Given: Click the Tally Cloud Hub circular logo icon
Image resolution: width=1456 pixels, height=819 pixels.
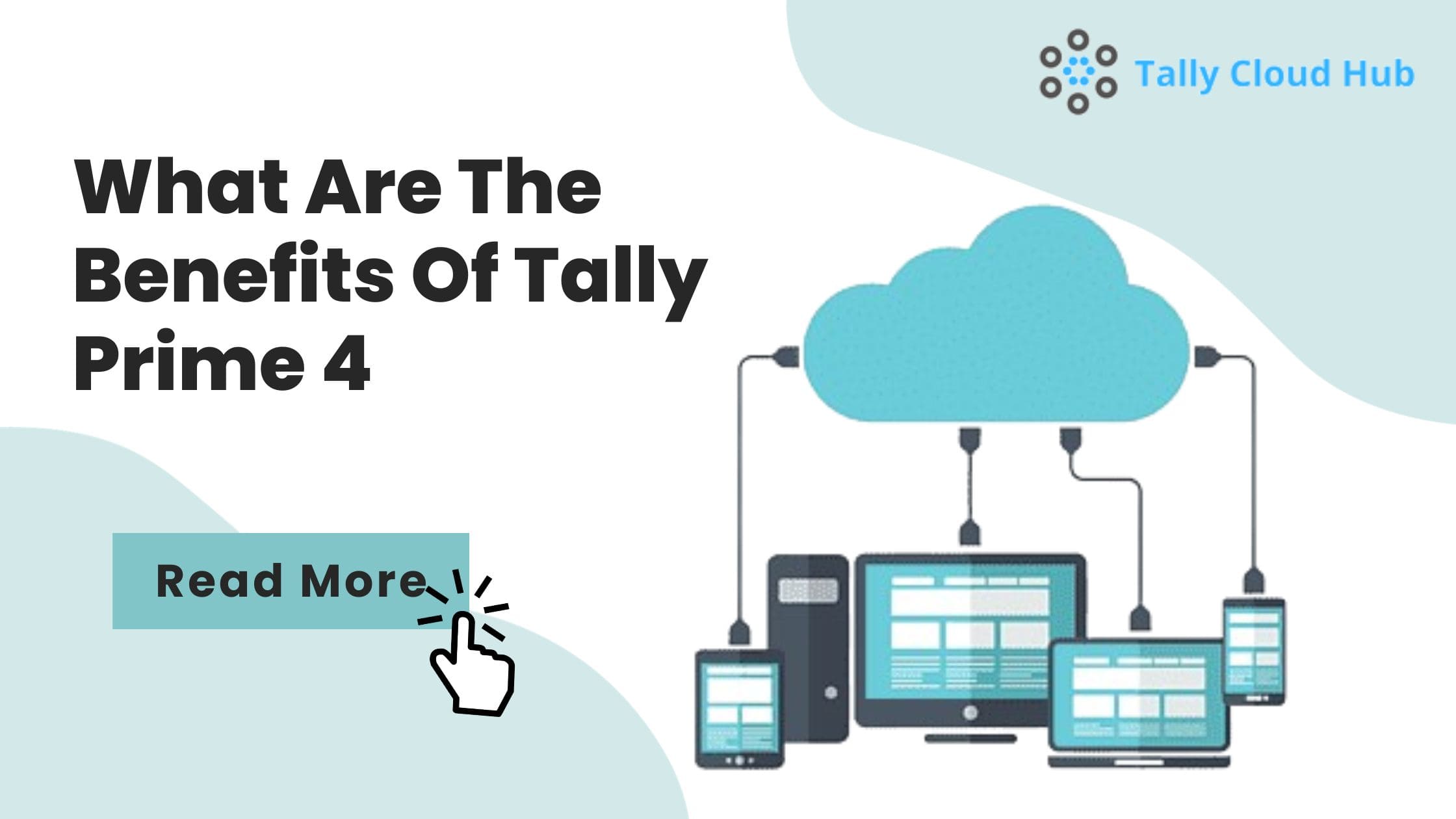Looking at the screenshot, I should [x=1078, y=71].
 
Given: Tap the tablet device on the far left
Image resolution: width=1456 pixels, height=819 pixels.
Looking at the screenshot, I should [x=740, y=708].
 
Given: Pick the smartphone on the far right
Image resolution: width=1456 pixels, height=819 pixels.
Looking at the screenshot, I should [x=1254, y=650].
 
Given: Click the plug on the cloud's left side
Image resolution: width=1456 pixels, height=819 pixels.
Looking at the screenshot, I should [x=786, y=357].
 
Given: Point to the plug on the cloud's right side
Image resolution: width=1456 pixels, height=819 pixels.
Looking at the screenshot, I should [x=1206, y=356].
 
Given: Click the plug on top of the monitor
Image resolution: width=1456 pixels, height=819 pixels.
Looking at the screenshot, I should [x=970, y=533].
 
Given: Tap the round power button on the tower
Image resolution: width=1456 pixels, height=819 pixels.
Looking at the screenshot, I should [x=831, y=692].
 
